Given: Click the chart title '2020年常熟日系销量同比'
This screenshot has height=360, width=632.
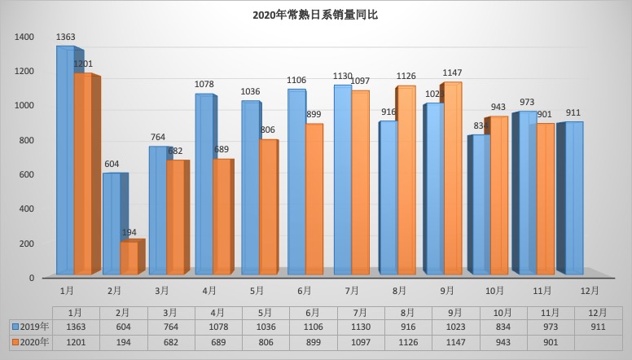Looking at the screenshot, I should [x=315, y=15].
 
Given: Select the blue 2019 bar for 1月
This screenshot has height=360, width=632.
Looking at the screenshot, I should [x=65, y=163].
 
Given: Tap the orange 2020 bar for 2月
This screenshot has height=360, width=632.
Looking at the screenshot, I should [x=129, y=257].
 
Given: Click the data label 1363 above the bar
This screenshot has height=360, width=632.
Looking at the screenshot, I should [x=66, y=37].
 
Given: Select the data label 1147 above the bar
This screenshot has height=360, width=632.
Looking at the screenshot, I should [x=452, y=73].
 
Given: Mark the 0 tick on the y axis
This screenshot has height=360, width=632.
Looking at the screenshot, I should [x=32, y=278].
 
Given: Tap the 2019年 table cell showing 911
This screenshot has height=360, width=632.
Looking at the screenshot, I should [x=595, y=327].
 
